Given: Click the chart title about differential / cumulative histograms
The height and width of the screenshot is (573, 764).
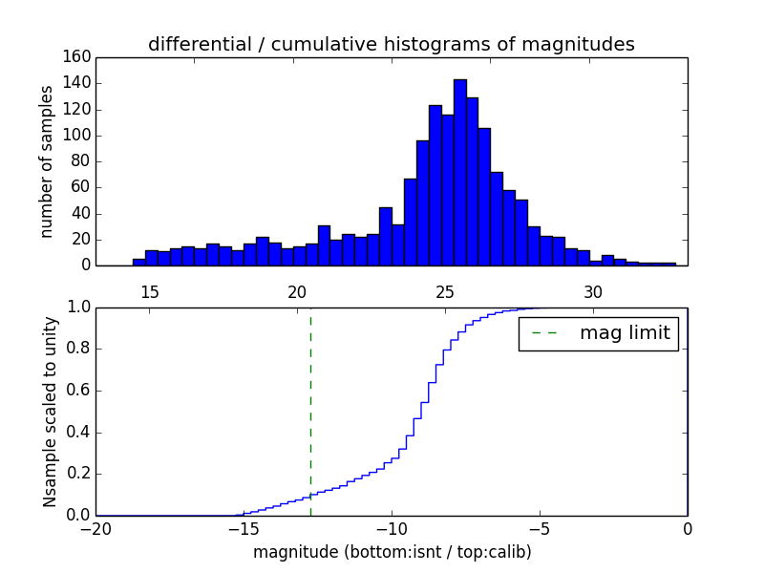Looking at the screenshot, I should click(392, 44).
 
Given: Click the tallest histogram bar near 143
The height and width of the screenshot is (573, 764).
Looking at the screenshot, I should click(459, 172).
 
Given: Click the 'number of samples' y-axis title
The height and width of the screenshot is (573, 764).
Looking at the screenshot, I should click(46, 161).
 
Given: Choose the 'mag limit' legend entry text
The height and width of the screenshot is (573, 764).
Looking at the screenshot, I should click(625, 333).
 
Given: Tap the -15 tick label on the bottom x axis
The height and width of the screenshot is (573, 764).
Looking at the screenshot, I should click(243, 530).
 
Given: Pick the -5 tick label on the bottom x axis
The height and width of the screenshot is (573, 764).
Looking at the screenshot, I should click(540, 530).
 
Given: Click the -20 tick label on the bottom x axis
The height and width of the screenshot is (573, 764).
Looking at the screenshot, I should click(95, 530).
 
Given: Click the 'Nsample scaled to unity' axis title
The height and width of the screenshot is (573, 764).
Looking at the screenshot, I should click(50, 412).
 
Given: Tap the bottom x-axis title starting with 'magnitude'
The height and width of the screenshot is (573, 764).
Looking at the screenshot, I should click(392, 552).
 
